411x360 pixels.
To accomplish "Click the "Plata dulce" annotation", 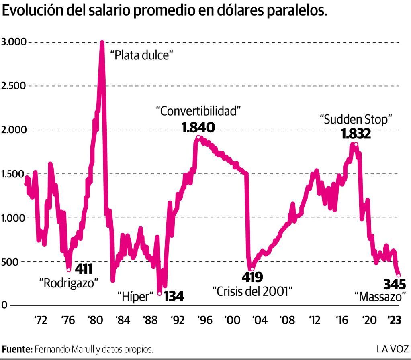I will (141, 55).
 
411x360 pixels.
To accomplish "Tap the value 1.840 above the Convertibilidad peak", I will (198, 128).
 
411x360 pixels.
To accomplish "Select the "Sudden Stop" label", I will (356, 119).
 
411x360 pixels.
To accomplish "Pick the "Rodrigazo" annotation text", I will (69, 282).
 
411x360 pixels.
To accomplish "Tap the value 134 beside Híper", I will (174, 296).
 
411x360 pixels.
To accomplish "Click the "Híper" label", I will (136, 297).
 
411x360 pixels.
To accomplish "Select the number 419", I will (252, 277).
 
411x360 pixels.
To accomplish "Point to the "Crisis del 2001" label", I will (252, 291).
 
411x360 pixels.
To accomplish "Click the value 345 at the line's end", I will (395, 284).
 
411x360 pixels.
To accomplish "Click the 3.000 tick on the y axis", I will (14, 42).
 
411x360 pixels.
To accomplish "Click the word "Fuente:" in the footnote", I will (17, 349).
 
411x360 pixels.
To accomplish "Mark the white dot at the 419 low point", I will (252, 269).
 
